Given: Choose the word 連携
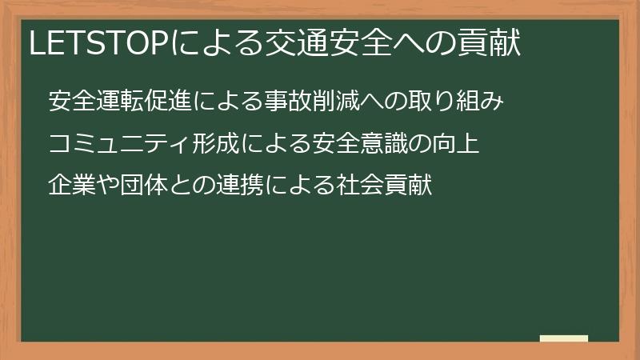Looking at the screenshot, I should coord(240,186).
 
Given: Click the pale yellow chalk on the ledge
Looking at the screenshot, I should coord(564,338).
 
